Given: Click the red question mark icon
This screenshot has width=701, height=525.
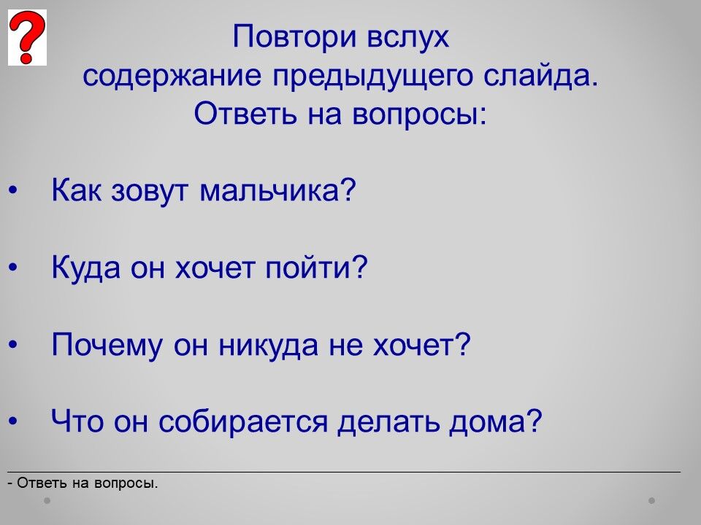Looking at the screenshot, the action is tap(27, 37).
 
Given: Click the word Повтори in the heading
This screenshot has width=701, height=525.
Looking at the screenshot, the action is tap(294, 36).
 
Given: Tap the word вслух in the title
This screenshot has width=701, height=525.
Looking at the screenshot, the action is tap(407, 36).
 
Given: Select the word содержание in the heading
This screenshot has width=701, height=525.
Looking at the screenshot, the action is tap(172, 76).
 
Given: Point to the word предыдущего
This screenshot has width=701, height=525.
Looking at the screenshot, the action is tap(372, 76).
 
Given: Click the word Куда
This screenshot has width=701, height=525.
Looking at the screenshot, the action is tap(86, 268).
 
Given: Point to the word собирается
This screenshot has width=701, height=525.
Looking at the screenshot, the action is tap(243, 421).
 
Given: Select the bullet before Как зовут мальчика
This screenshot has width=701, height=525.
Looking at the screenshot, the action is tap(12, 190).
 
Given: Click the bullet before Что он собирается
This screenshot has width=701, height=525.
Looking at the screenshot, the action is tap(12, 421).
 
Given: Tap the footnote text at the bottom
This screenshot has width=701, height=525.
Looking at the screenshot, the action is tap(83, 483).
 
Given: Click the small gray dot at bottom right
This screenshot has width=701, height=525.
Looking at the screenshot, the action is tap(652, 500).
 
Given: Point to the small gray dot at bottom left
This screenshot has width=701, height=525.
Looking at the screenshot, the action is tap(47, 500).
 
